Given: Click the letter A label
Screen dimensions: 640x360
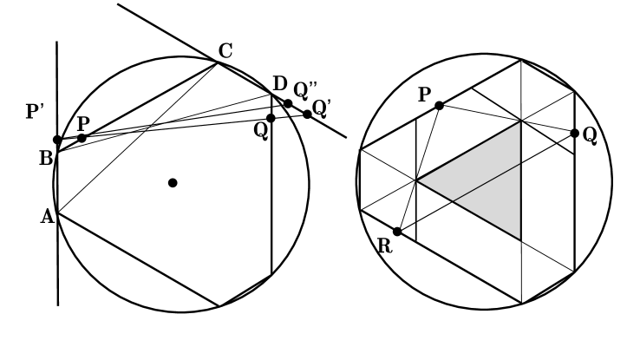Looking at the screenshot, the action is [47, 217].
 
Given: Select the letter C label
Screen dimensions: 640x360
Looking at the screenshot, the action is [225, 50].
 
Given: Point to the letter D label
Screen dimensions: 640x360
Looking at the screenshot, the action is [279, 84].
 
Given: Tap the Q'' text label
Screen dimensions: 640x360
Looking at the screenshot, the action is [306, 89].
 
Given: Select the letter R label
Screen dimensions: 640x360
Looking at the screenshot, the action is [385, 246].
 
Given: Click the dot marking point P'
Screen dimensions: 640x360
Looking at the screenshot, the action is [57, 140].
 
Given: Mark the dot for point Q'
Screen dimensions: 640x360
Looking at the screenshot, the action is [307, 114].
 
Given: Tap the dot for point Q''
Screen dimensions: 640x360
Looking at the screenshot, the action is [288, 103].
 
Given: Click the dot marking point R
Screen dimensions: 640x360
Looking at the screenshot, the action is [397, 232].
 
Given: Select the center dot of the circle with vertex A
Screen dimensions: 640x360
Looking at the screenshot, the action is [173, 182].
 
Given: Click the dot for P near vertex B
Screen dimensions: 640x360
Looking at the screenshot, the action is [82, 138].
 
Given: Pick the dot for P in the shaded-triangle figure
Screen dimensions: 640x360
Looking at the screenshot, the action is [440, 105].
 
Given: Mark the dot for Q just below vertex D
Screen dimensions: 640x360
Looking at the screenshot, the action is [271, 118].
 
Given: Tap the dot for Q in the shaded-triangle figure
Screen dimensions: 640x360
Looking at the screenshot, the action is [574, 133].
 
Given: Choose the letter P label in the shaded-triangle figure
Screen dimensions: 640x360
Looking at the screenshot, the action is [424, 95].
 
